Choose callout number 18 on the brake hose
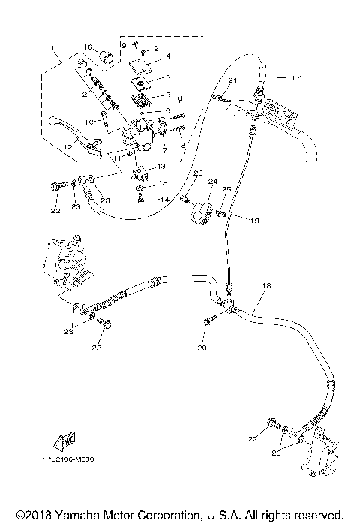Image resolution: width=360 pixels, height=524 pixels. pos(267,288)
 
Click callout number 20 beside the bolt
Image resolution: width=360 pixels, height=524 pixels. pos(201,348)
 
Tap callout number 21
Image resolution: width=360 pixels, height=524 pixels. pos(232,80)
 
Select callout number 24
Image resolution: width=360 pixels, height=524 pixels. pos(212,182)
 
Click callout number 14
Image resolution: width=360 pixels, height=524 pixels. pos(163,199)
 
